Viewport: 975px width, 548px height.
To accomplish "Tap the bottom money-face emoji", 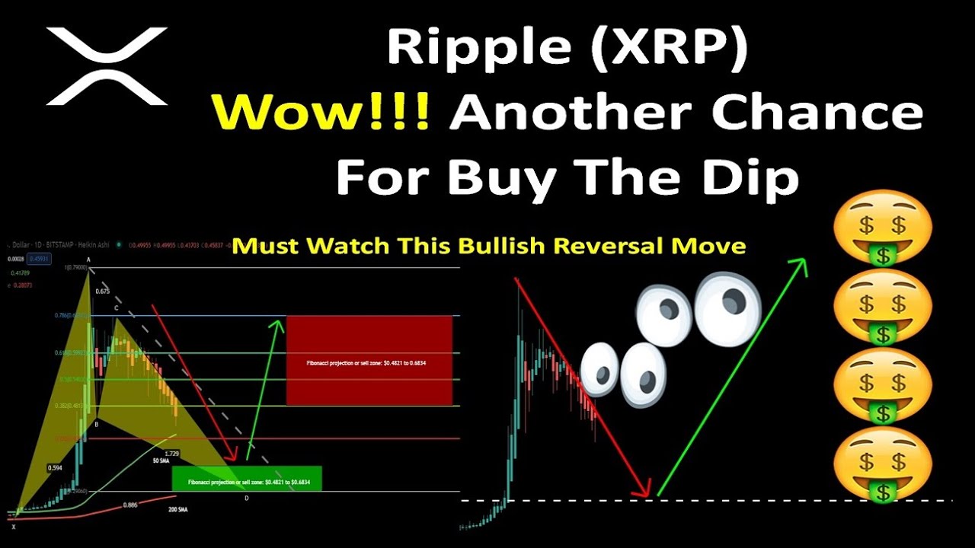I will pos(882,464).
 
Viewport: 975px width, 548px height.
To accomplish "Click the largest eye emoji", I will pos(727,307).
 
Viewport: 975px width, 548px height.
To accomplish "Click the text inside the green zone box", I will pos(247,483).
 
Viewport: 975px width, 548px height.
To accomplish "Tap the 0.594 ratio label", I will pos(55,467).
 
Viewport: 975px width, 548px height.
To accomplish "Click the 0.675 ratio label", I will pos(103,291).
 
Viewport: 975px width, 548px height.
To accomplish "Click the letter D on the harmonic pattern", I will pos(246,498).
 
